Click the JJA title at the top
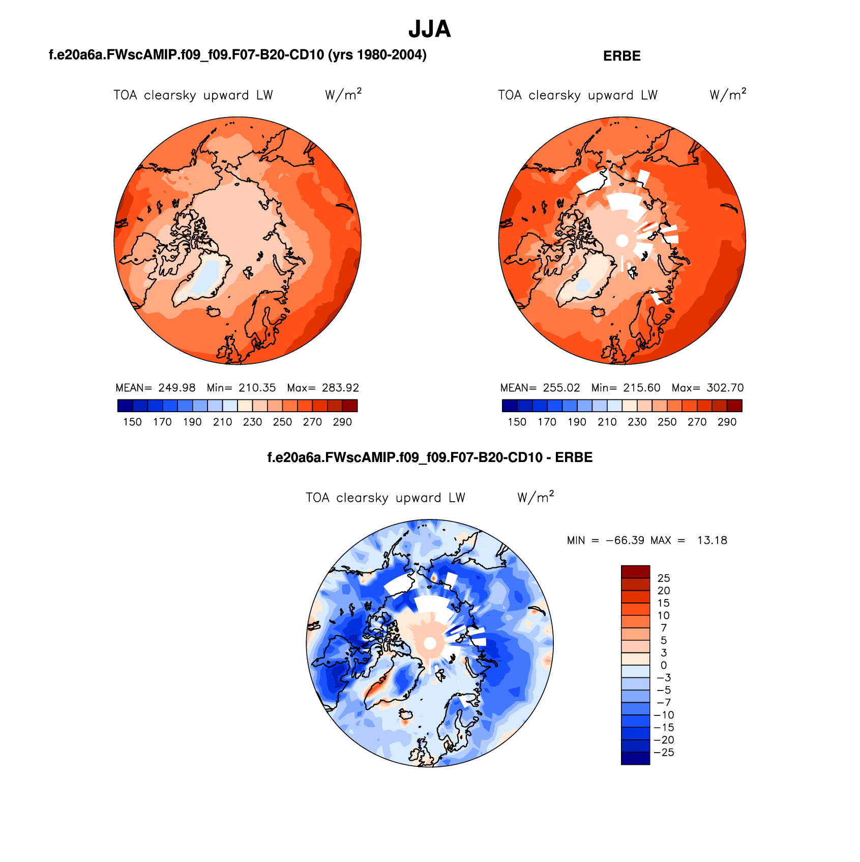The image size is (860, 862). [429, 30]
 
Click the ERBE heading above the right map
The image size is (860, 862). [621, 56]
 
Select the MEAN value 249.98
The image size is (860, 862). [176, 388]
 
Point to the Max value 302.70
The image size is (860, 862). [725, 388]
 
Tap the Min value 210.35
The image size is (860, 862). [257, 388]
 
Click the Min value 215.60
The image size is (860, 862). [641, 388]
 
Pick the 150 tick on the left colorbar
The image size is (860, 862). [132, 422]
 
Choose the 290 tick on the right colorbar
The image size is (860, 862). [727, 422]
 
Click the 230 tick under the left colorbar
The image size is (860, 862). [252, 422]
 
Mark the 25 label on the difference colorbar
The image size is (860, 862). [664, 578]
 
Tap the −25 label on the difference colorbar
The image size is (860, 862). [664, 753]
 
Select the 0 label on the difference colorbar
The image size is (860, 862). [663, 665]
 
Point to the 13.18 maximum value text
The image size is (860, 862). [712, 540]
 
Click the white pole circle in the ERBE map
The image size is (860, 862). [622, 241]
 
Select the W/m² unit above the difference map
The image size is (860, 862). [535, 497]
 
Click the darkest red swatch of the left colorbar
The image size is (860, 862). [349, 406]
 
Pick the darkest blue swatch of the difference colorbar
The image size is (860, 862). [635, 758]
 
